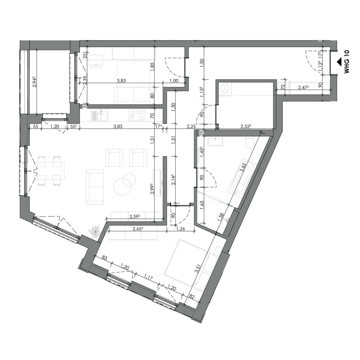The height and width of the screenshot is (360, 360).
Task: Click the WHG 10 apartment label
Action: tap(347, 62)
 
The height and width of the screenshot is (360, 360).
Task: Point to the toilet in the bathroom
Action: tap(250, 142)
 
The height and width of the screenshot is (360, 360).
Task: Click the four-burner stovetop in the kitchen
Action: tap(136, 115)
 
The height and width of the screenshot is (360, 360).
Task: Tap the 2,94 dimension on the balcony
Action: tap(34, 83)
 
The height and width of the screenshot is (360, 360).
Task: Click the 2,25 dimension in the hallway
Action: tap(191, 127)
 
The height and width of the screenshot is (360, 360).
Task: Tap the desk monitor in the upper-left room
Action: tap(96, 60)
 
